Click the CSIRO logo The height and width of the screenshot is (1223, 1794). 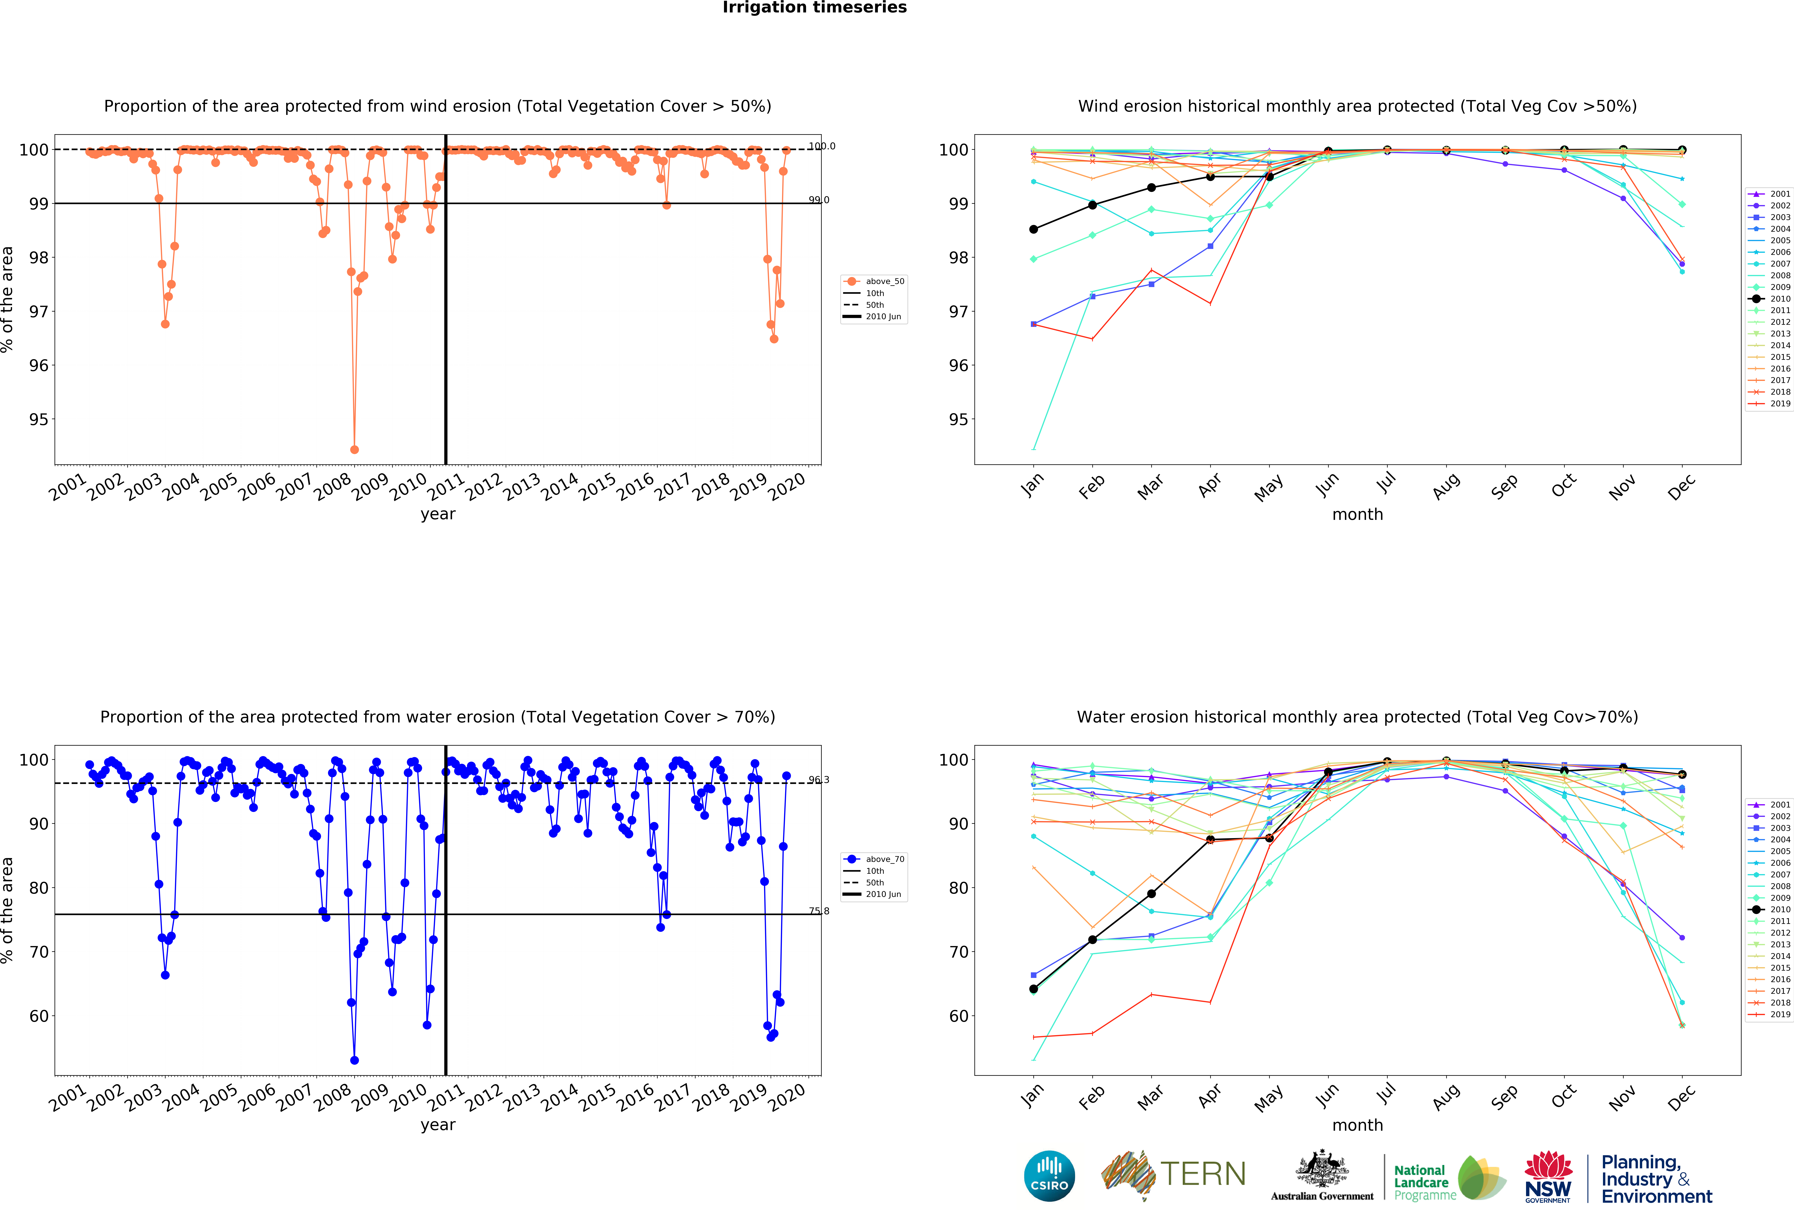1049,1176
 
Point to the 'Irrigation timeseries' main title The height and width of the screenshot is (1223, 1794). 814,8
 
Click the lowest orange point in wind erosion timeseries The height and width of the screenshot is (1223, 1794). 354,449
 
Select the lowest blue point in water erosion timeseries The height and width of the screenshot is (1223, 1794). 354,1060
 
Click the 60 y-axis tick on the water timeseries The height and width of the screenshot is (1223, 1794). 39,1016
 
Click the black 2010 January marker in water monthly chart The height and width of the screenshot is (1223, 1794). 1034,989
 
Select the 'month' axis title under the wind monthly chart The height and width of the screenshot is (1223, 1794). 1357,514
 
